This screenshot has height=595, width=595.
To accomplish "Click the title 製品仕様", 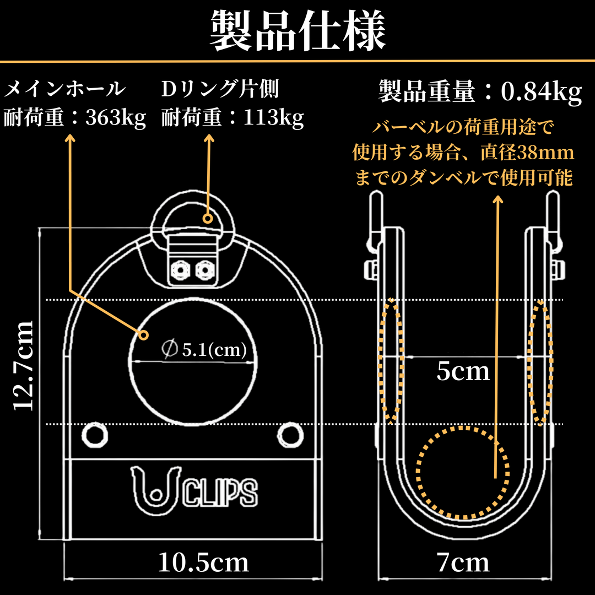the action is tap(298, 30).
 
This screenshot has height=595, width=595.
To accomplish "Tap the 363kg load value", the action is tap(116, 118).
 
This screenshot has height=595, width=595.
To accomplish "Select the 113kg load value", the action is tap(273, 118).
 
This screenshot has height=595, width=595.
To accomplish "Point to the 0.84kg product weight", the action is tap(542, 92).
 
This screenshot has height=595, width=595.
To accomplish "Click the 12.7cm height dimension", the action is tap(24, 366).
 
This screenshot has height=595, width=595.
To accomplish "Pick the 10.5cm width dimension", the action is tap(203, 562).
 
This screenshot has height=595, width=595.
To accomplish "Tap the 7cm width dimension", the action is tap(463, 562).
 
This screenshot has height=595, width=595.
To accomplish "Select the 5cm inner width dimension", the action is tap(463, 371).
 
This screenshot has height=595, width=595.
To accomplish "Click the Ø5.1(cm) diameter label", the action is tap(204, 349).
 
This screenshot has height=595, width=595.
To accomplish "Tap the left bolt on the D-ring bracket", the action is tap(180, 271).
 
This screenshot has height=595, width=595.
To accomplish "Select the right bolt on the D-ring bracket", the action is tap(205, 271).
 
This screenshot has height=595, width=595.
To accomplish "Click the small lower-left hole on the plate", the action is tap(95, 435).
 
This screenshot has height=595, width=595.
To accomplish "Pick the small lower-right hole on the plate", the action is tap(290, 435).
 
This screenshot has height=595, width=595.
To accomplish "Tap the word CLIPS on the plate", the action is tap(220, 492).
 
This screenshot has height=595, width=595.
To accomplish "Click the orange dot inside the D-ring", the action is tap(208, 219).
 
